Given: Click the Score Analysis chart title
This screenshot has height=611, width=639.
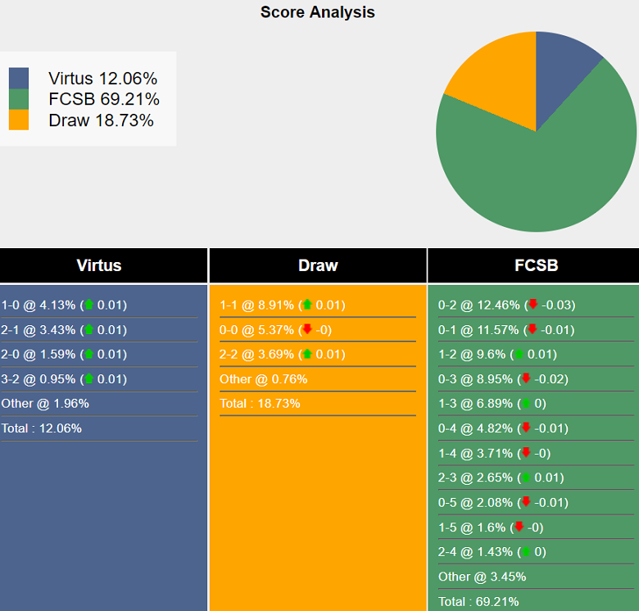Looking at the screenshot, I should click(x=318, y=12).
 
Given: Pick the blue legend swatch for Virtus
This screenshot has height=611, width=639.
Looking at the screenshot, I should click(x=18, y=79).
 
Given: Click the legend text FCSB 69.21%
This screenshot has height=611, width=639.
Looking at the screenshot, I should click(x=104, y=100).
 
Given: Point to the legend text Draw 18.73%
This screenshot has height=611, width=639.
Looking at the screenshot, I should click(x=101, y=120).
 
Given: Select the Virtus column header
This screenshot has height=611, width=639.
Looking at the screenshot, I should click(x=99, y=265).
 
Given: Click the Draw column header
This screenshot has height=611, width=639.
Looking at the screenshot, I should click(x=318, y=265).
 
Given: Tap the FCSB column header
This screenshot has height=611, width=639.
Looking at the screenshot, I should click(x=536, y=265).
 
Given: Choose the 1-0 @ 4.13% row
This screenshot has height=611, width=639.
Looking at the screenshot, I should click(x=64, y=305).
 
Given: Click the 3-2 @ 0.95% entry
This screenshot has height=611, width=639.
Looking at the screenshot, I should click(x=64, y=379).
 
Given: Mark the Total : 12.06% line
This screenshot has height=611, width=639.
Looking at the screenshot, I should click(x=42, y=428).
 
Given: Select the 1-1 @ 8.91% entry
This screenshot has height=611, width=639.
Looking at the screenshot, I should click(x=282, y=305).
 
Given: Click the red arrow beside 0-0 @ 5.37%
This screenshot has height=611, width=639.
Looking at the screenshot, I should click(x=307, y=329).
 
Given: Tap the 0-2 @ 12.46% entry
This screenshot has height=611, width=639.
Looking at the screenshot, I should click(x=506, y=305).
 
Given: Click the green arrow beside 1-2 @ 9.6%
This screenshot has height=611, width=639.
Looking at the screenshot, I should click(x=519, y=355).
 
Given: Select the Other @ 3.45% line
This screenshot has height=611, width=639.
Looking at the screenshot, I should click(x=483, y=577).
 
